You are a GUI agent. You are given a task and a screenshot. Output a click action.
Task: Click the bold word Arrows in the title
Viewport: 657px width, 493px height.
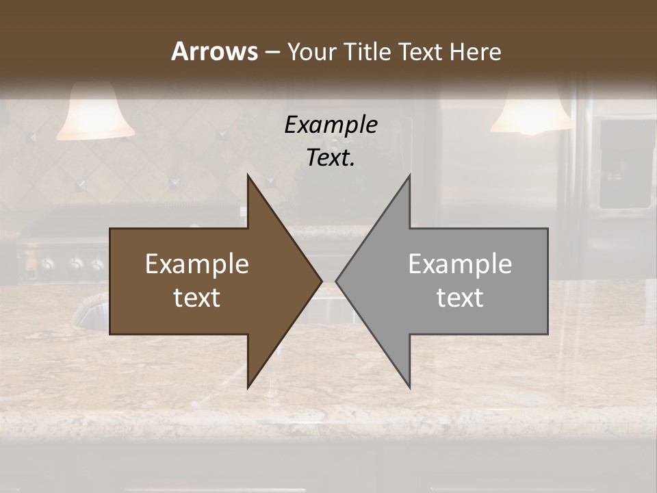[214, 51]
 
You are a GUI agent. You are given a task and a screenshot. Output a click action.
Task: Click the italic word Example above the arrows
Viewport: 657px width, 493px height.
[331, 125]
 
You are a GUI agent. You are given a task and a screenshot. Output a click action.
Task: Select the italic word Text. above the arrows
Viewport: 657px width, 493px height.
[331, 157]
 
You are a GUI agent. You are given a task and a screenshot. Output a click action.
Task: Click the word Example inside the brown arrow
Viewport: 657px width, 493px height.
[197, 264]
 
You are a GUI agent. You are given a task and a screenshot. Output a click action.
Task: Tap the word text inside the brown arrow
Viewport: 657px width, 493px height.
[197, 297]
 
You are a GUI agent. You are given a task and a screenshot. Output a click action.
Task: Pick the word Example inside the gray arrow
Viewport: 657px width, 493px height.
[460, 264]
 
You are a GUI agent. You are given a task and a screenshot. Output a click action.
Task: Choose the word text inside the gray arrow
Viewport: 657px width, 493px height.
[460, 297]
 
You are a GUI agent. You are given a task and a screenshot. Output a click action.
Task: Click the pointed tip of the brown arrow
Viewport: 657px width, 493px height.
[321, 281]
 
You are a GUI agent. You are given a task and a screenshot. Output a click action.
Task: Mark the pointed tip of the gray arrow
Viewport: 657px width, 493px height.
[337, 281]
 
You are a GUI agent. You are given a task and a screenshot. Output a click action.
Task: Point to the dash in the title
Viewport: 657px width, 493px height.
[272, 52]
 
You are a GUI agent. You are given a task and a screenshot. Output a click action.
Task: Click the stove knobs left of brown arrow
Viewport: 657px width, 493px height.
[75, 262]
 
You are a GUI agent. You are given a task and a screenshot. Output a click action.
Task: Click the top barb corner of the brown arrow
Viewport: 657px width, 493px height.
[248, 176]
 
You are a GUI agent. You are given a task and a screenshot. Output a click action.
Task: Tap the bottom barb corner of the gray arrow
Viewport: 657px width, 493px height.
[409, 387]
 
